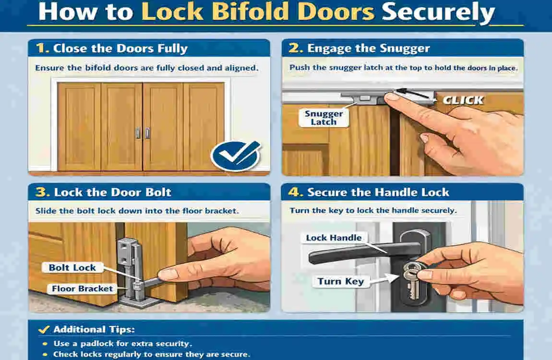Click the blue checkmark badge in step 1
pos(235,156)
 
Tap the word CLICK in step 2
pos(463,100)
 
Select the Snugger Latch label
pos(324,118)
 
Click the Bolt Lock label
pos(72,267)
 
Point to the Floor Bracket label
pos(82,288)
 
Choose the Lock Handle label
pos(334,238)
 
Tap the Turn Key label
pos(340,281)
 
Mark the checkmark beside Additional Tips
pos(44,329)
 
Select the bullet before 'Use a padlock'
pos(45,344)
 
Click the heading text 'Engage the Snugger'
pos(368,48)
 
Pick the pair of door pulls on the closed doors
pos(143,133)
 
